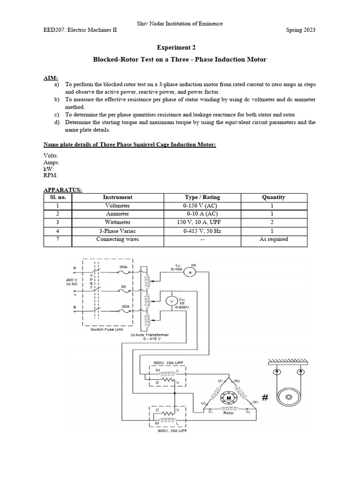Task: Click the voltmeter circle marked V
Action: tap(172, 301)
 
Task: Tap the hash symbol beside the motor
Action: tap(265, 398)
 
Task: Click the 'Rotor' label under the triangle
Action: tap(228, 413)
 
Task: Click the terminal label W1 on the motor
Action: tap(255, 402)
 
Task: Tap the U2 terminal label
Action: tap(204, 403)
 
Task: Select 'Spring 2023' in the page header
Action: tap(300, 30)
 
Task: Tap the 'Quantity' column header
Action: tap(274, 197)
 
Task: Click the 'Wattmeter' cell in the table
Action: tap(118, 222)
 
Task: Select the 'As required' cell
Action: tap(274, 239)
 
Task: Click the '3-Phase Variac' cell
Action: tap(118, 231)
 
